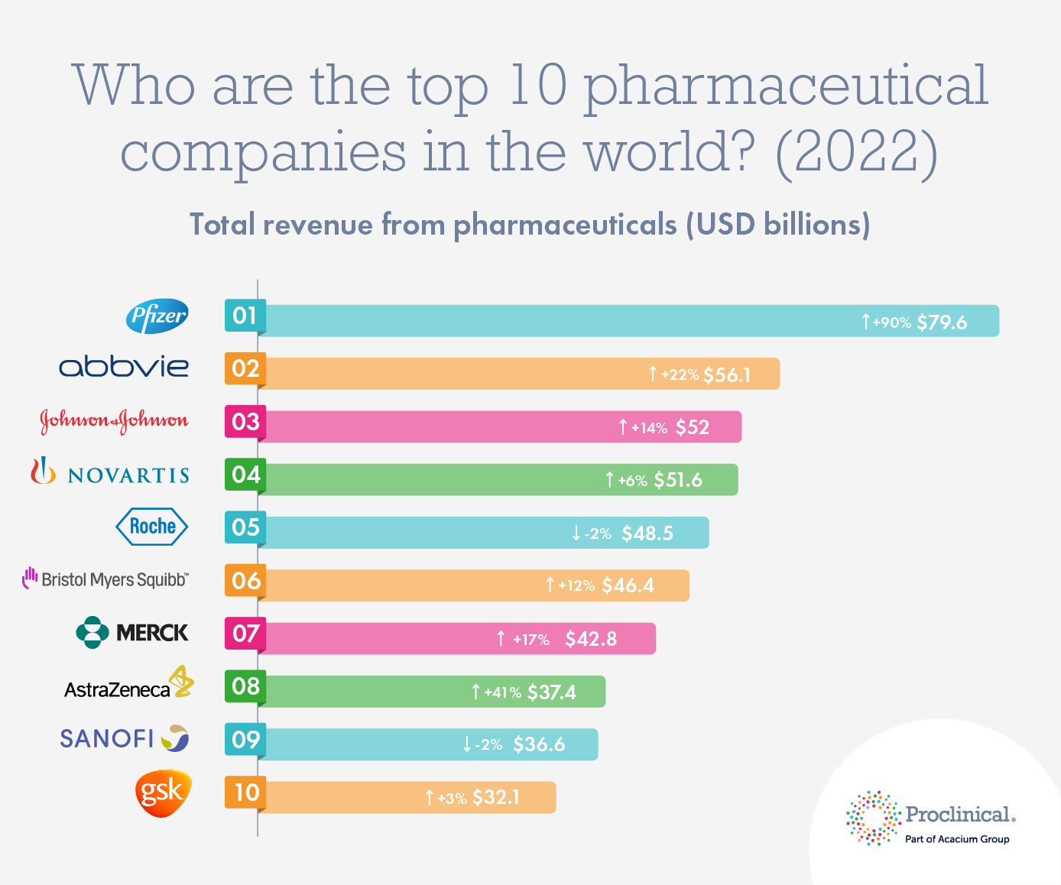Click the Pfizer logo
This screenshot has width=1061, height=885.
[x=157, y=316]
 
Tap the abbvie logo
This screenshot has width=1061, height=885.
[x=124, y=367]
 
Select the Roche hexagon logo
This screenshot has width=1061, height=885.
[x=151, y=527]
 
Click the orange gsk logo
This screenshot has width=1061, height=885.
[x=162, y=793]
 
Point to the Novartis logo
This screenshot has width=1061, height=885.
[x=110, y=473]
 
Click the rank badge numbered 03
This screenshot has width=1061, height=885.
[x=245, y=421]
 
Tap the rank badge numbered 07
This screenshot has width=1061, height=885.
[x=245, y=634]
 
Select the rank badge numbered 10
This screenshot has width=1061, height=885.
[x=245, y=793]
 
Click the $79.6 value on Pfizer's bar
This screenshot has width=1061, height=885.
[x=942, y=323]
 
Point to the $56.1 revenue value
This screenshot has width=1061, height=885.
[x=727, y=375]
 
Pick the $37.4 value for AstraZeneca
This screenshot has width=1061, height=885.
[x=552, y=692]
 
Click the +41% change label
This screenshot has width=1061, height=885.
[x=502, y=693]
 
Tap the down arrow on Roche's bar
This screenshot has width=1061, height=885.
[x=576, y=533]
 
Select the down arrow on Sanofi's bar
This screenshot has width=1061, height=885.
[x=467, y=744]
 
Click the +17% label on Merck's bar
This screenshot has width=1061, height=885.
[x=531, y=640]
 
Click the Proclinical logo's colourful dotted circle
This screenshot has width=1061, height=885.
[x=873, y=819]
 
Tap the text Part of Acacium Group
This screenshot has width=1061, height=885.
[x=957, y=839]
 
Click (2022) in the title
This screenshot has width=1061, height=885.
[x=856, y=151]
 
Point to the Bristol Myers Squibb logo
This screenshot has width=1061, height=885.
[x=105, y=579]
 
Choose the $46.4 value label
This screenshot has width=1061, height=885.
[x=628, y=586]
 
